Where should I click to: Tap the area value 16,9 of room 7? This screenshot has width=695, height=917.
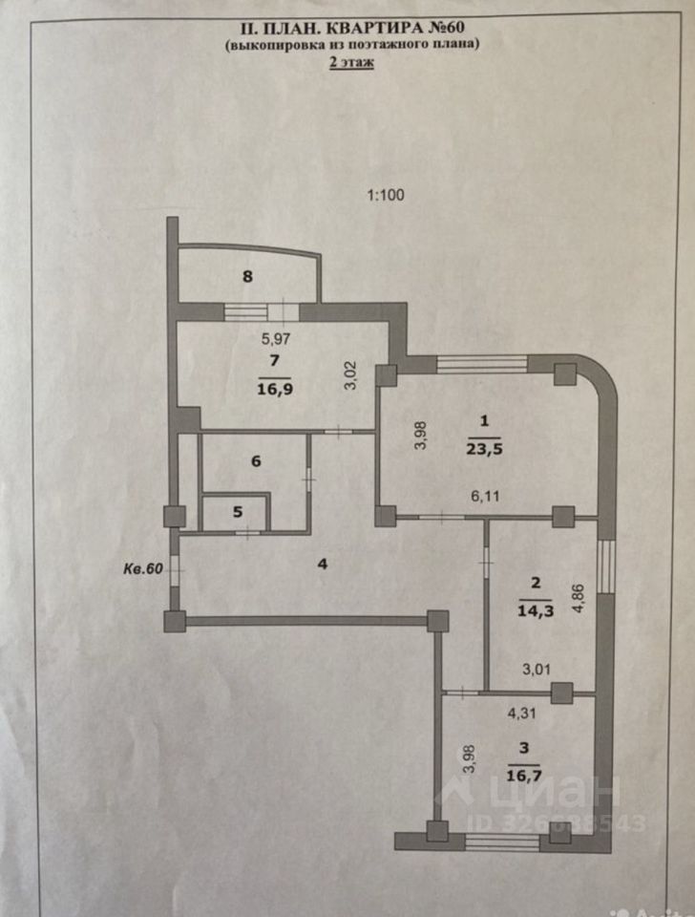pyautogui.click(x=273, y=387)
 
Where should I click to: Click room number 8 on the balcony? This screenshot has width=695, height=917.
pyautogui.click(x=247, y=277)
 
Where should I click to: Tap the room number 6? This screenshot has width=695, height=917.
pyautogui.click(x=256, y=461)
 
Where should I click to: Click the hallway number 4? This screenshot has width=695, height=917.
pyautogui.click(x=324, y=564)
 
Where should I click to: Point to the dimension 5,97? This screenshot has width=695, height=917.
pyautogui.click(x=277, y=337)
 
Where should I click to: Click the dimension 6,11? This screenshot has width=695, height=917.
pyautogui.click(x=479, y=497)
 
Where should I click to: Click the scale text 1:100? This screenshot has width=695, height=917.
pyautogui.click(x=387, y=195)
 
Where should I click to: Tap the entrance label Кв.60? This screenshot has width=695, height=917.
pyautogui.click(x=142, y=567)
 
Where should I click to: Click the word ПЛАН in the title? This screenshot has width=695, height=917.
pyautogui.click(x=299, y=26)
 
